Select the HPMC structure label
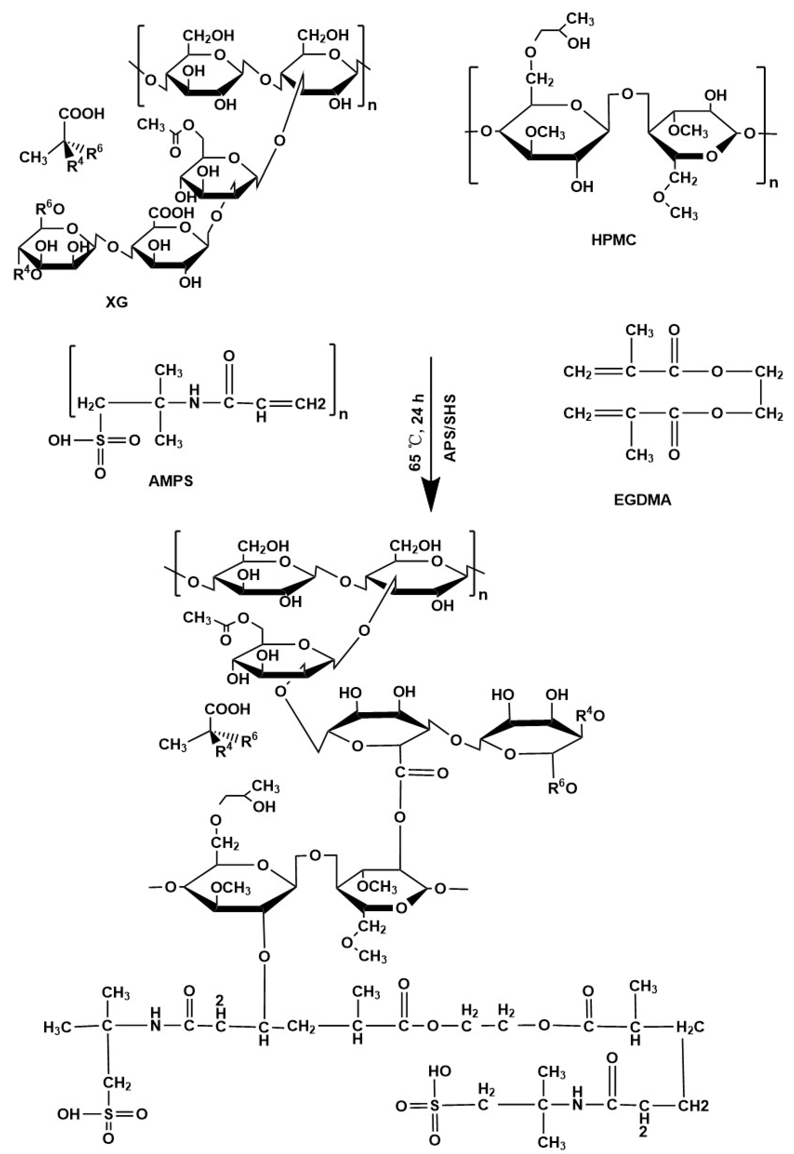[x=614, y=241]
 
